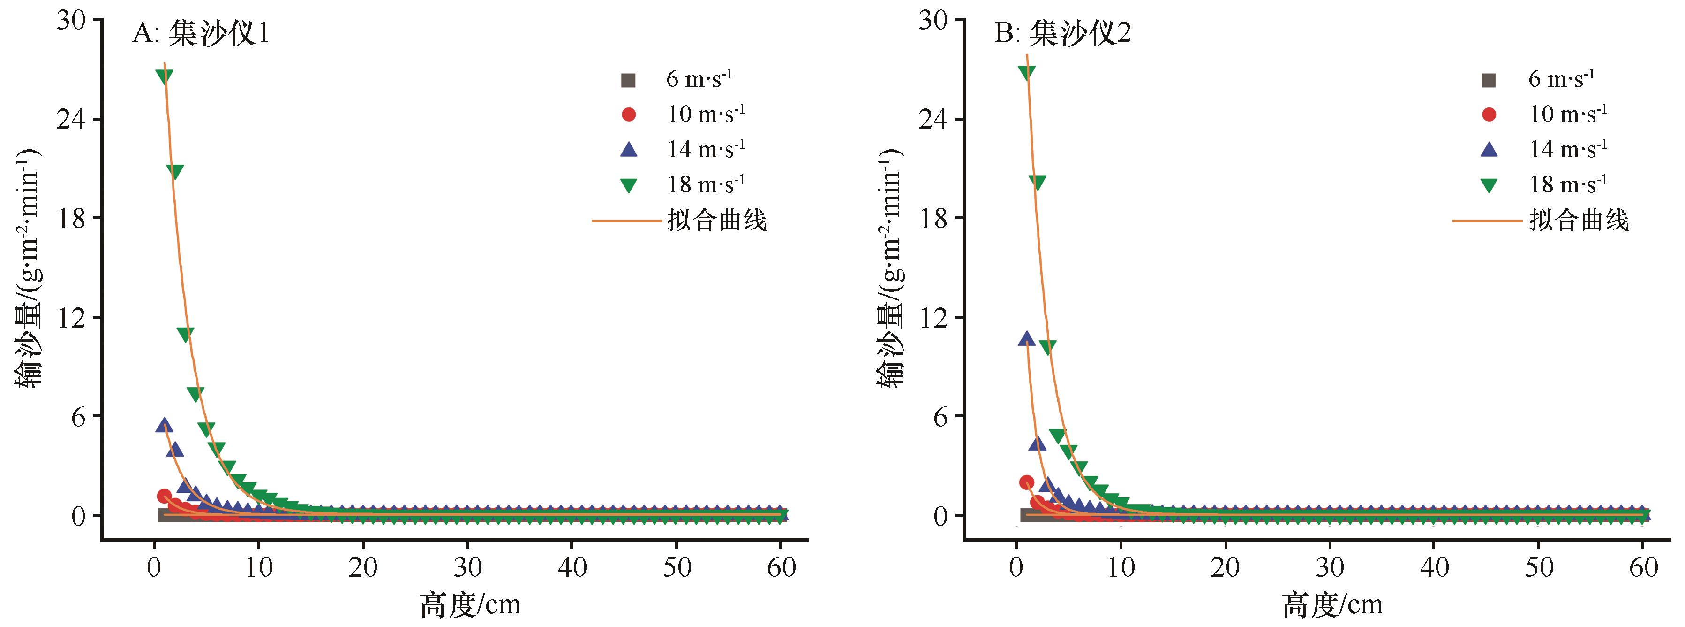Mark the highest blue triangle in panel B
pyautogui.click(x=1026, y=339)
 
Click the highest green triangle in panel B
pyautogui.click(x=1026, y=73)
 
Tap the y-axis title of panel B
pyautogui.click(x=889, y=268)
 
